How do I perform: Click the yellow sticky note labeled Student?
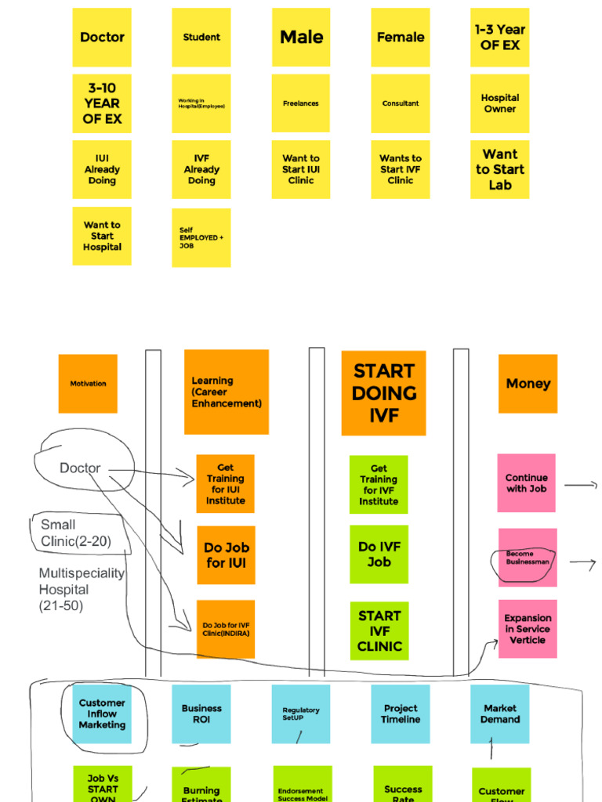201,38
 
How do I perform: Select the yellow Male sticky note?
301,38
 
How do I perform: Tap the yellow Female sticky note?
401,38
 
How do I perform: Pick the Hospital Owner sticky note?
500,103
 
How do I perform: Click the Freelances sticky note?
301,103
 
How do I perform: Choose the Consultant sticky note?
401,103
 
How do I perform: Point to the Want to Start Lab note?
500,169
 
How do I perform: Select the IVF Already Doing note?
201,169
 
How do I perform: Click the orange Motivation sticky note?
88,384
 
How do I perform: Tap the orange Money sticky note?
528,384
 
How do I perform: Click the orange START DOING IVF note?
383,393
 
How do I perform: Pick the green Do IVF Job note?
379,555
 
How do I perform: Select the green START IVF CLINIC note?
379,631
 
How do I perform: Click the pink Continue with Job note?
527,483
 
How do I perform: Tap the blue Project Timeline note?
401,714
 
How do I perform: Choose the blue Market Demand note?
500,714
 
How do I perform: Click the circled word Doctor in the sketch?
80,468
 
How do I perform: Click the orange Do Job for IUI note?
226,555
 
